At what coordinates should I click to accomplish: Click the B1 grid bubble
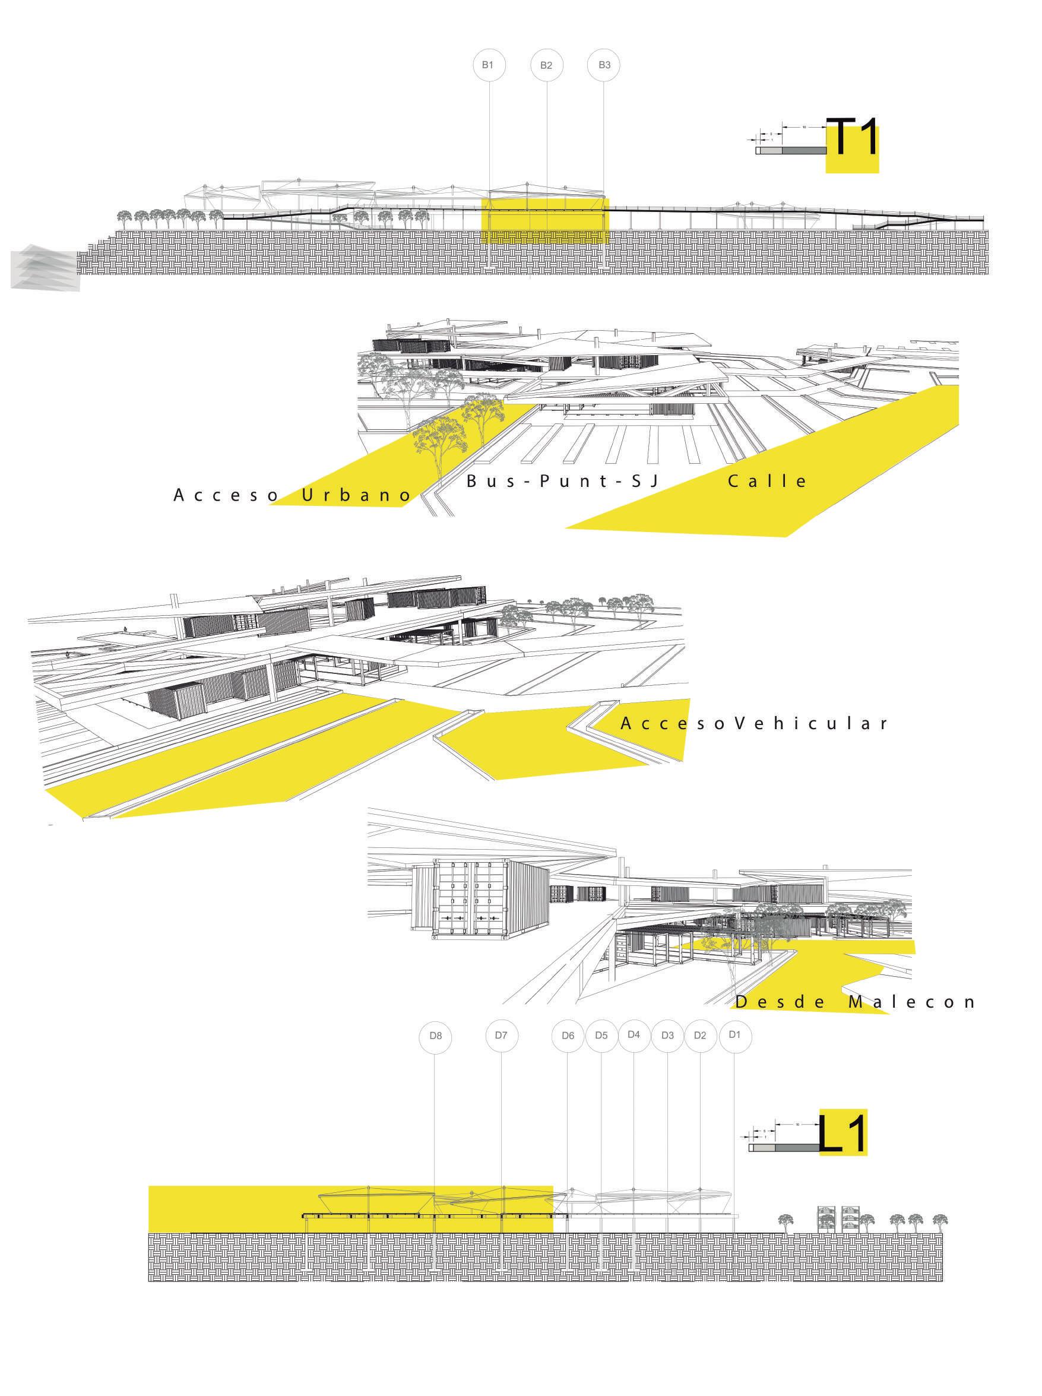click(488, 65)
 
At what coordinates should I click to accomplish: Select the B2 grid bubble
click(546, 65)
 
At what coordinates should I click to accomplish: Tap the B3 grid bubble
click(604, 65)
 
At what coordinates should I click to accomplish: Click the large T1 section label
click(853, 139)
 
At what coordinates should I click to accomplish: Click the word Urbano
click(357, 495)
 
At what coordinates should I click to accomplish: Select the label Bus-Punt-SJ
click(563, 482)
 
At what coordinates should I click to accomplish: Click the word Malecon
click(912, 1002)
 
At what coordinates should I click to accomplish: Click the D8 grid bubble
click(435, 1036)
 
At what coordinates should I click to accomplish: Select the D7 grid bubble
click(502, 1035)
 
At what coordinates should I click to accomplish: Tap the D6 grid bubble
click(568, 1036)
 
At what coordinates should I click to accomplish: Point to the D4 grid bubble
click(634, 1034)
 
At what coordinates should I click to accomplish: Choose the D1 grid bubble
click(734, 1034)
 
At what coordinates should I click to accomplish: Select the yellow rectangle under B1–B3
click(546, 221)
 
